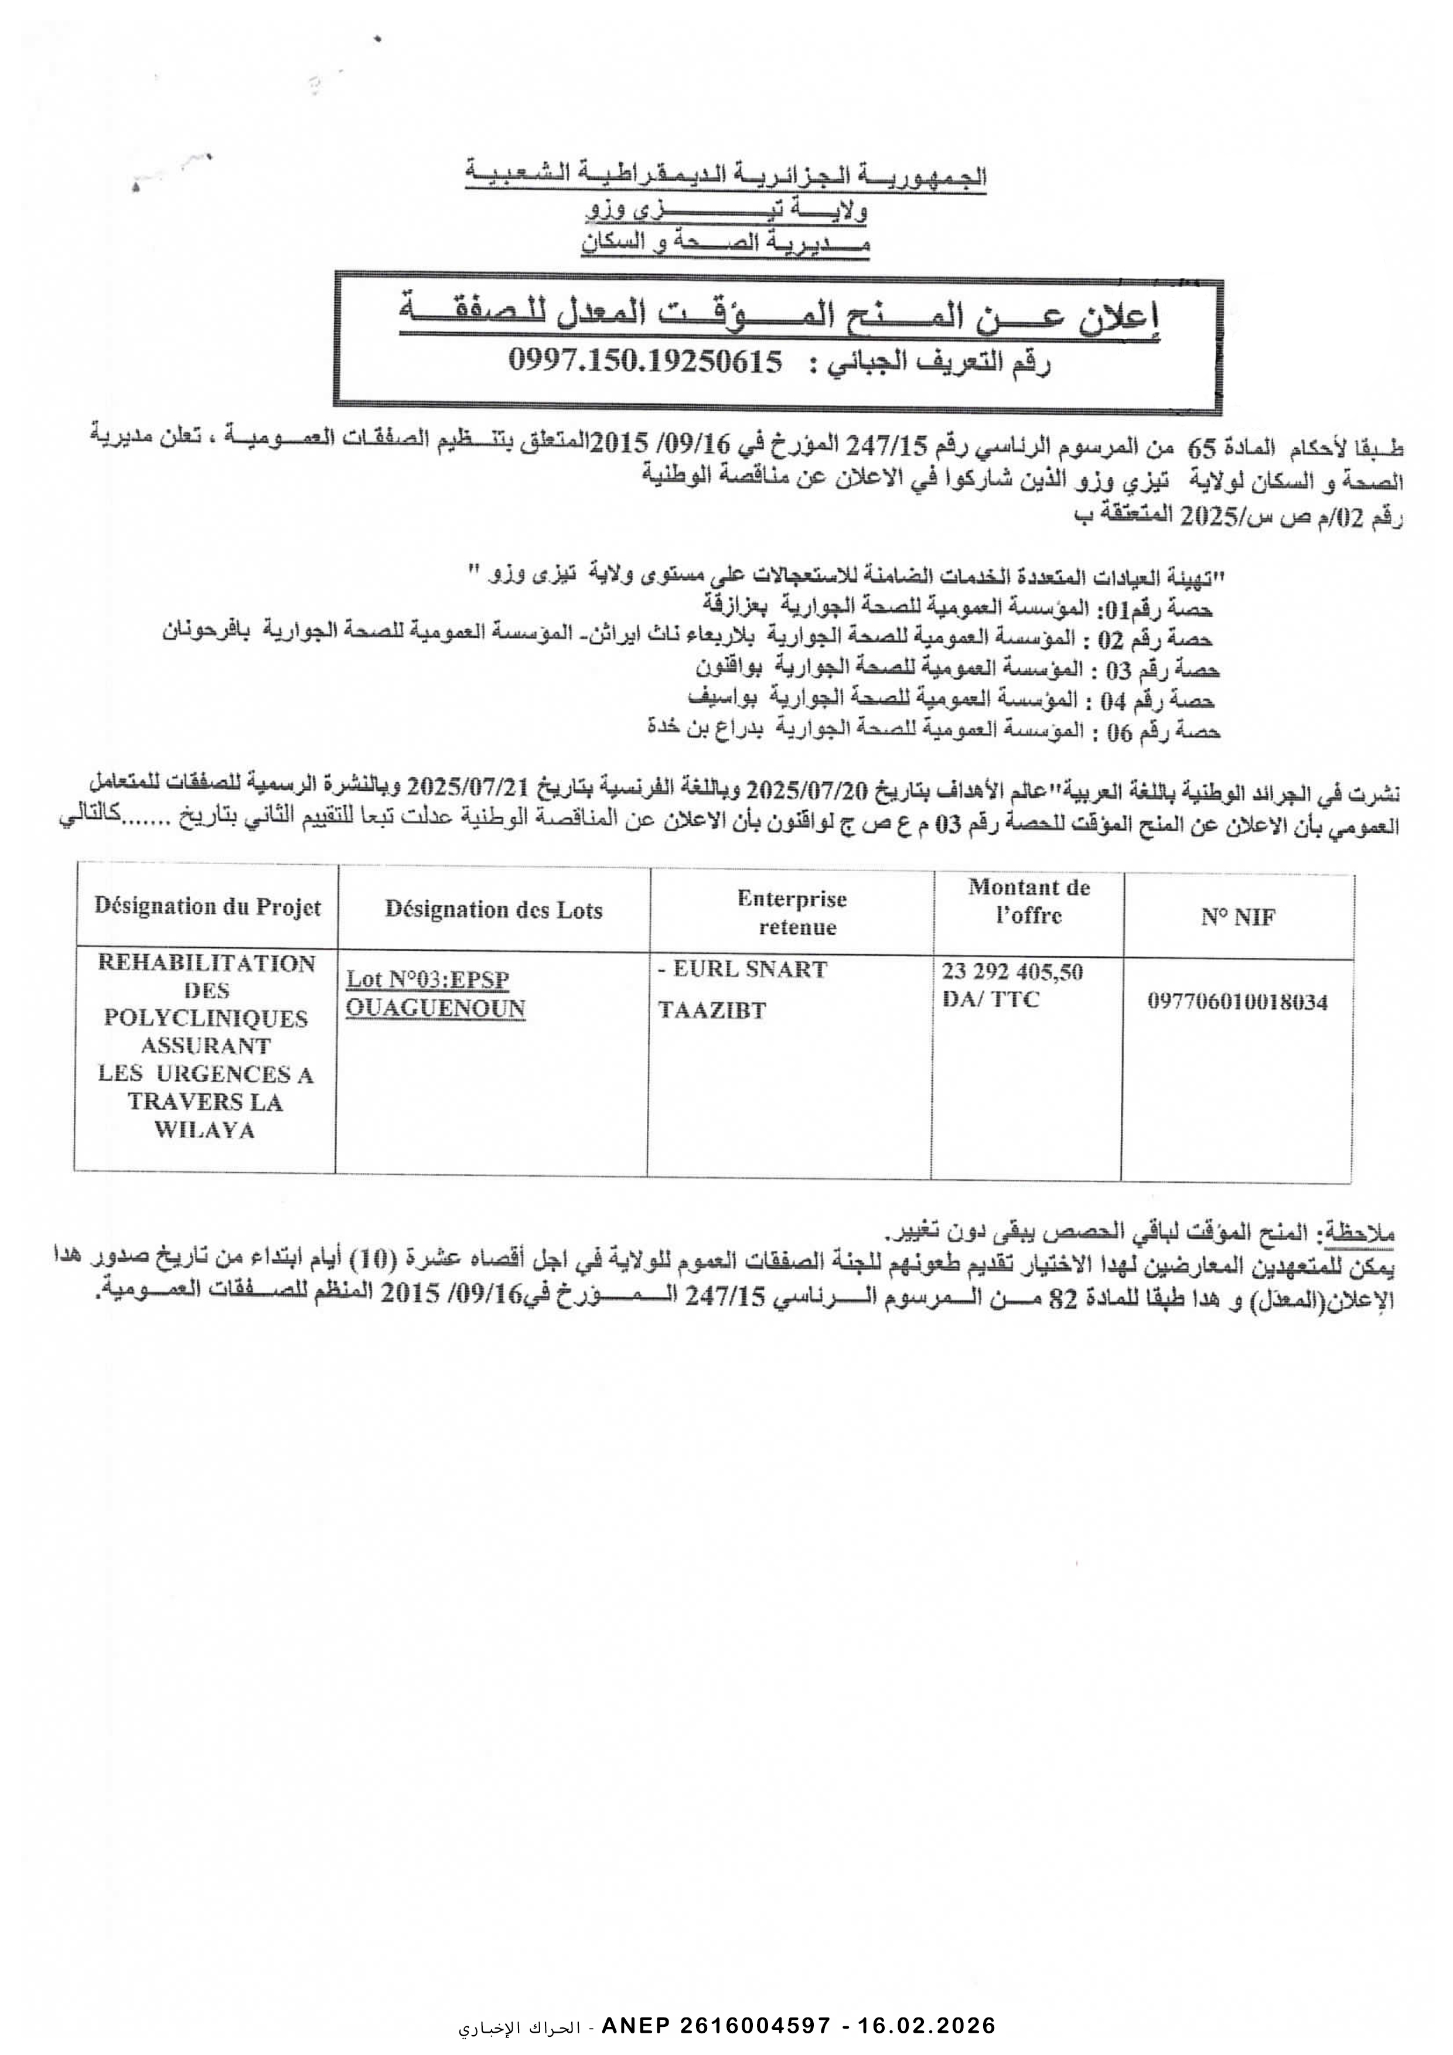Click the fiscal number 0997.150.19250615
(x=644, y=361)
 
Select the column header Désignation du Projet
(x=208, y=907)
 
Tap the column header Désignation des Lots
(x=493, y=910)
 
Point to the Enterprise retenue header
(x=792, y=912)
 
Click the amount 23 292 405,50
(x=1012, y=971)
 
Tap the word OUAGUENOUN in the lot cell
(x=435, y=1009)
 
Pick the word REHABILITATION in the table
(x=207, y=963)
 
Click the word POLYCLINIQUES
(x=206, y=1019)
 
